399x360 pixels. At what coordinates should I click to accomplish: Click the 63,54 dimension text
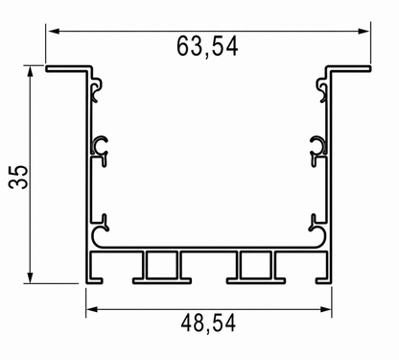click(207, 47)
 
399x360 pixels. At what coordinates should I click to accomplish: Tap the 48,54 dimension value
click(208, 324)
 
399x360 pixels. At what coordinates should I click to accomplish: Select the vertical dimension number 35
click(18, 177)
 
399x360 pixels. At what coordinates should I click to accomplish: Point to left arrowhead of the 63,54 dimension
click(54, 31)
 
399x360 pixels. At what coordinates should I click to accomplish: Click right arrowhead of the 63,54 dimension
click(364, 31)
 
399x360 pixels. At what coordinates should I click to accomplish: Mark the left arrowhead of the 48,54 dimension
click(92, 309)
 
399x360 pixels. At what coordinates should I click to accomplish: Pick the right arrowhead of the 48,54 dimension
click(325, 309)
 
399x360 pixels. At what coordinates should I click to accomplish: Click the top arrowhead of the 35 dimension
click(31, 72)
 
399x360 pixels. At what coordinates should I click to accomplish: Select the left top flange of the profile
click(68, 68)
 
